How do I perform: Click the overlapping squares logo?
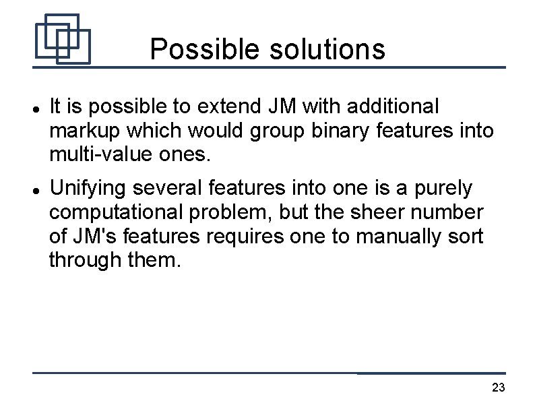pyautogui.click(x=62, y=38)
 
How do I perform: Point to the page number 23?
pyautogui.click(x=499, y=388)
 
